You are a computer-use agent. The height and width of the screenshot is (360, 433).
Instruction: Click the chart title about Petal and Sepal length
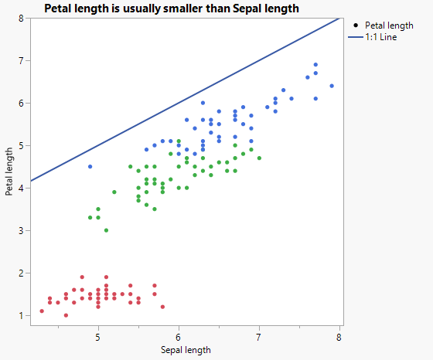tap(172, 8)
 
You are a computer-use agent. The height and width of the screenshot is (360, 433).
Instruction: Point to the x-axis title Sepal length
tap(186, 350)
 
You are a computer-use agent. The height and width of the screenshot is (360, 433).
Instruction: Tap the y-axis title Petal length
tap(9, 172)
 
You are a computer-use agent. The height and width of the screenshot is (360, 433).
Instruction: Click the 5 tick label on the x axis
tap(97, 337)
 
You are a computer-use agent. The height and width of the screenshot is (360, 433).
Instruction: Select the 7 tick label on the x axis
tap(258, 337)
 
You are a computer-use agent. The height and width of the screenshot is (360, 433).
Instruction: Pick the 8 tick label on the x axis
tap(339, 337)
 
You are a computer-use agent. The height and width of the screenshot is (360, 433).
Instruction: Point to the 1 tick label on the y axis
tap(21, 316)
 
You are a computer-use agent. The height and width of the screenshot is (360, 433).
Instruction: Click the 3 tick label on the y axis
tap(21, 231)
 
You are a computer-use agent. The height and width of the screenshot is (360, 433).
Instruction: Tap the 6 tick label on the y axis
tap(21, 104)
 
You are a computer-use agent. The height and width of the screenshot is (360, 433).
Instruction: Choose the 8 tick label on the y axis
tap(21, 18)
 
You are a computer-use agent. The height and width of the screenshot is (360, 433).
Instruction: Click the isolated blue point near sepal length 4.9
tap(90, 167)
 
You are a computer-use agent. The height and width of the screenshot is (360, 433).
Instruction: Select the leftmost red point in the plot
tap(42, 311)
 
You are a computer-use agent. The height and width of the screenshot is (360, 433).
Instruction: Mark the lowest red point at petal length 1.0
tap(66, 315)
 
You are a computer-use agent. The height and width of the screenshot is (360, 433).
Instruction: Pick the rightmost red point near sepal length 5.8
tap(162, 307)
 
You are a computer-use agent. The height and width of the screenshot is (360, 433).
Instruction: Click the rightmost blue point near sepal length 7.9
tap(332, 86)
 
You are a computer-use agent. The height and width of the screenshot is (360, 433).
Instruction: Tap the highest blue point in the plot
tap(315, 65)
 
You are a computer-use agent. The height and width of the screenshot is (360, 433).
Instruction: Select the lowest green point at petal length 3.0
tap(106, 230)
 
